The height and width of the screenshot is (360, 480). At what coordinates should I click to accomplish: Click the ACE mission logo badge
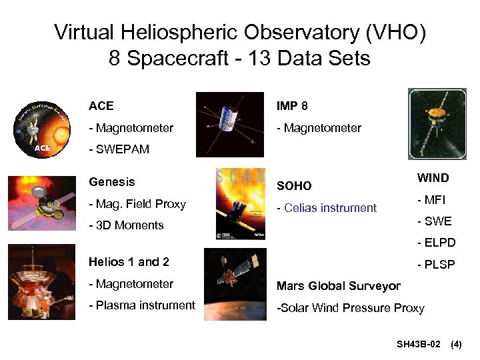[41, 127]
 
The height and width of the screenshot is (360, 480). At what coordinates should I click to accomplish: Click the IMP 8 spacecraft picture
[229, 124]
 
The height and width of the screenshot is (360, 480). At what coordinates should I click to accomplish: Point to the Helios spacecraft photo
[41, 282]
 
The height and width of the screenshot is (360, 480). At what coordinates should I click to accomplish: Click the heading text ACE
[101, 106]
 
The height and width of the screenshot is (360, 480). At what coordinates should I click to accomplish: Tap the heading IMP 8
[292, 106]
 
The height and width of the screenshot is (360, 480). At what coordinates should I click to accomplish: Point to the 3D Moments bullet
[126, 225]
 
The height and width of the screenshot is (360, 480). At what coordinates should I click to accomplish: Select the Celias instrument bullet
[327, 208]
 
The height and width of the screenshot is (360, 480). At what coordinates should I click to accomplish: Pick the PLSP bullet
[436, 265]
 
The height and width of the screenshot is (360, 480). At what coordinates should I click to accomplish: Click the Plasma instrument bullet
[142, 305]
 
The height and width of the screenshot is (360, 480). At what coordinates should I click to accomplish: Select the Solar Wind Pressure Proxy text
[350, 308]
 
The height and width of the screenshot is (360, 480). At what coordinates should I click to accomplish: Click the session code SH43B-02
[418, 345]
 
